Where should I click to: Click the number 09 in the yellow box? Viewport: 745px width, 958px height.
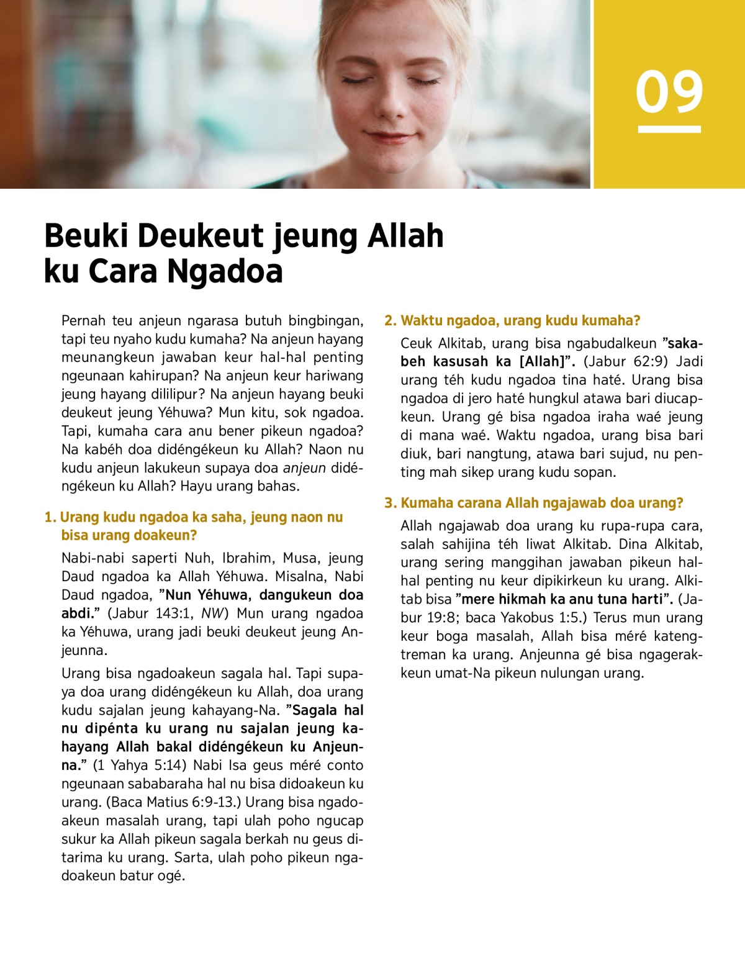tap(669, 92)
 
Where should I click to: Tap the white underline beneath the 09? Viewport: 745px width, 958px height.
tap(669, 129)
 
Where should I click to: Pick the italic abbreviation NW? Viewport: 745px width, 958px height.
tap(209, 613)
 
